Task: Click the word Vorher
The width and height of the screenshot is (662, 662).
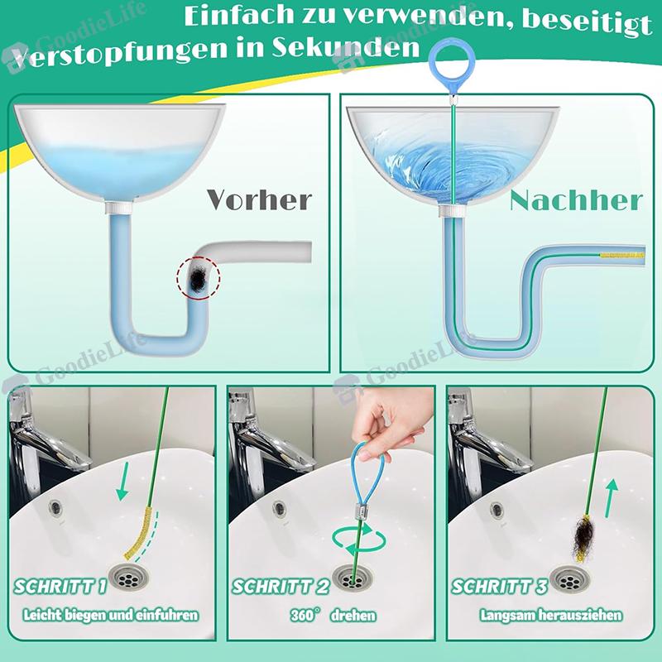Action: pos(258,199)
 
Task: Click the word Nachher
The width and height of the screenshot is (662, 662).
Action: pos(576,200)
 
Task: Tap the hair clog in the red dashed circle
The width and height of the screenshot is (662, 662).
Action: pos(197,276)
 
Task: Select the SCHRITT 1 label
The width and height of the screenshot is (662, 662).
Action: pos(60,588)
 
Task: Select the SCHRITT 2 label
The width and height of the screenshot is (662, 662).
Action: pos(281,588)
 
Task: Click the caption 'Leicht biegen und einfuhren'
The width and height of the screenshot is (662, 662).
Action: pos(110,616)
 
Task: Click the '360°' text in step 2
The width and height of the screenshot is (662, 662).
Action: pos(305,616)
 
